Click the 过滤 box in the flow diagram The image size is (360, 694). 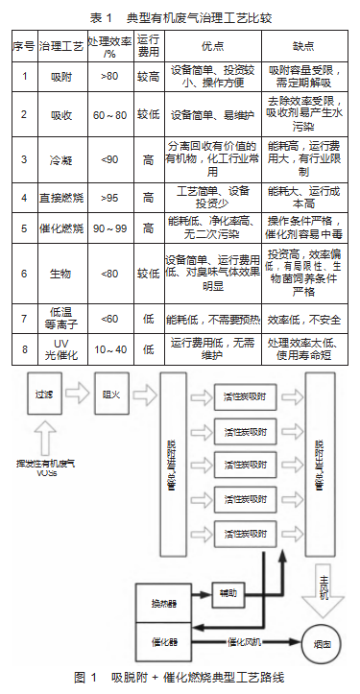43,393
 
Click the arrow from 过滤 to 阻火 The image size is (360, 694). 78,393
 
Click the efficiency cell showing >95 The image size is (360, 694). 109,197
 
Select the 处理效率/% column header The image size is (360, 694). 109,46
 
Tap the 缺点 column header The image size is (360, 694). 306,46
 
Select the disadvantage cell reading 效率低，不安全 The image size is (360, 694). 305,318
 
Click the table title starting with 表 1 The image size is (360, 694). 180,17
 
